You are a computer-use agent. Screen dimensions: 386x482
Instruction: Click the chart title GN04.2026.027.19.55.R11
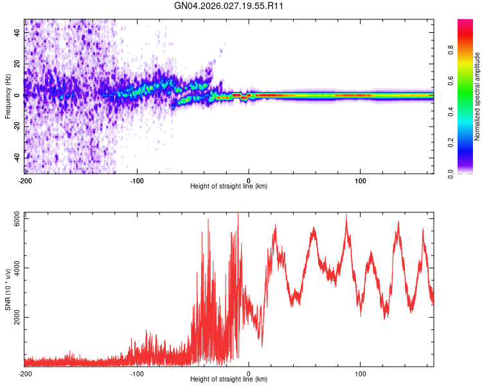[x=229, y=6]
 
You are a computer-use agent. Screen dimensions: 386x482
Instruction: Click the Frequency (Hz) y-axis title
[x=8, y=96]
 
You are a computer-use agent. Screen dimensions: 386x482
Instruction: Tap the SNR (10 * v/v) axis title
[x=8, y=288]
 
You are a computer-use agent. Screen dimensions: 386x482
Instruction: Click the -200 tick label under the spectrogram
[x=24, y=180]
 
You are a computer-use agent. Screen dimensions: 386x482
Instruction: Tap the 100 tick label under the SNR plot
[x=361, y=373]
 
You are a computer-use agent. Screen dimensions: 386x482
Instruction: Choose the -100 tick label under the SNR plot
[x=137, y=373]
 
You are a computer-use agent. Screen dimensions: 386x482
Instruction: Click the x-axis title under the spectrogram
[x=229, y=187]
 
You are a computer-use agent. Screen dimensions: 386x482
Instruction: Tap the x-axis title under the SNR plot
[x=229, y=380]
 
